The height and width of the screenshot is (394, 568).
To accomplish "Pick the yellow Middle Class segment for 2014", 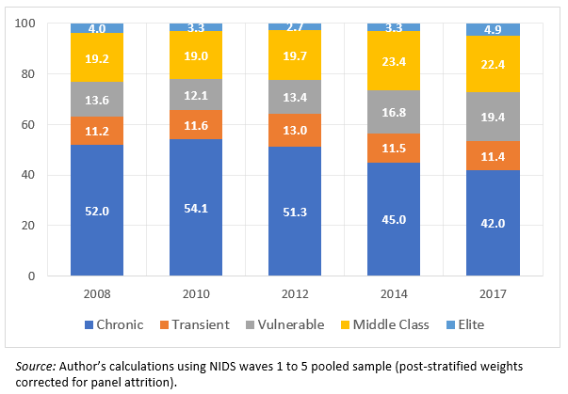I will coord(394,49).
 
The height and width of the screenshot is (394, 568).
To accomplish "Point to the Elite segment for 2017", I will coord(493,29).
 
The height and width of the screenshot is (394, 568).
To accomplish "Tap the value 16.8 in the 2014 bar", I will coord(394,112).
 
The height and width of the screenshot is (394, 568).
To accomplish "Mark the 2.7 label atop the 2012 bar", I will coord(295,28).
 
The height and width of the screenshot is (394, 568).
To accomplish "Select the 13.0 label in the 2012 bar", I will coord(295,131).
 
